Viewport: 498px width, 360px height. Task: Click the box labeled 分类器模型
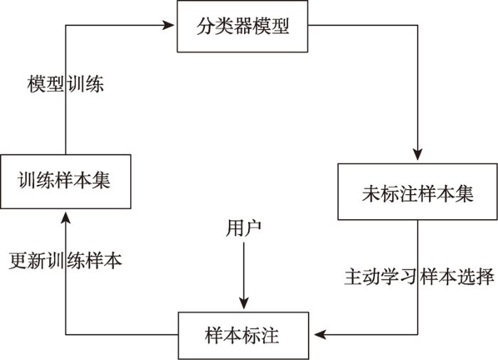(x=243, y=26)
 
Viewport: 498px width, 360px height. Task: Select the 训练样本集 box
(x=65, y=181)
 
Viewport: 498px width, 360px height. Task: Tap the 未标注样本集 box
(x=418, y=191)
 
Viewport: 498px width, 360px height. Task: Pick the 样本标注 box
(x=243, y=336)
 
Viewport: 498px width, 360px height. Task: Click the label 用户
(x=243, y=228)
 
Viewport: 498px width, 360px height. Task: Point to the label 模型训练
(x=65, y=84)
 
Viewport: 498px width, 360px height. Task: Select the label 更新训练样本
(x=65, y=261)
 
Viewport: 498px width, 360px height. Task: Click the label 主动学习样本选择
(x=419, y=277)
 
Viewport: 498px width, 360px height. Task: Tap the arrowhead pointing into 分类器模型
(x=169, y=25)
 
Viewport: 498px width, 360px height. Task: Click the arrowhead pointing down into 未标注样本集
(x=418, y=154)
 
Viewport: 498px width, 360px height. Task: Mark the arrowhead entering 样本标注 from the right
(x=320, y=334)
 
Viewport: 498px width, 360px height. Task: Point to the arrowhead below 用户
(x=243, y=303)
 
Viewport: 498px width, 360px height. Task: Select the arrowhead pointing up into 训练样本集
(x=65, y=218)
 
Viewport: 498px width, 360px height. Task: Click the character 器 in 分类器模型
(x=243, y=26)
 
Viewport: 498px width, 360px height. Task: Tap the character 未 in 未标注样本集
(x=371, y=194)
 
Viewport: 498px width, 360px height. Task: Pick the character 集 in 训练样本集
(x=101, y=181)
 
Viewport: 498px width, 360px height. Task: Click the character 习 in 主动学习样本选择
(x=410, y=277)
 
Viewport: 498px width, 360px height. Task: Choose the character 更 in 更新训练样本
(x=18, y=261)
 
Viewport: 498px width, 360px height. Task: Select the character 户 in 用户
(x=253, y=228)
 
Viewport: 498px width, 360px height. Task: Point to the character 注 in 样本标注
(x=270, y=336)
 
